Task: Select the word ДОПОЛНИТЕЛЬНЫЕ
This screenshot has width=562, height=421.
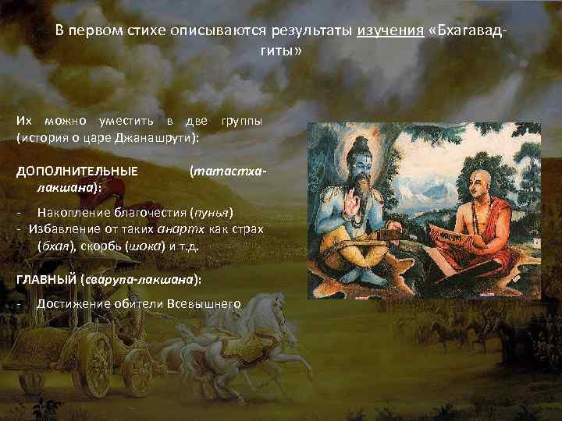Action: point(77,171)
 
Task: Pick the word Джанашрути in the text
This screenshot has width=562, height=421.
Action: point(159,137)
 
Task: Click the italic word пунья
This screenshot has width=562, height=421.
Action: point(213,212)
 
